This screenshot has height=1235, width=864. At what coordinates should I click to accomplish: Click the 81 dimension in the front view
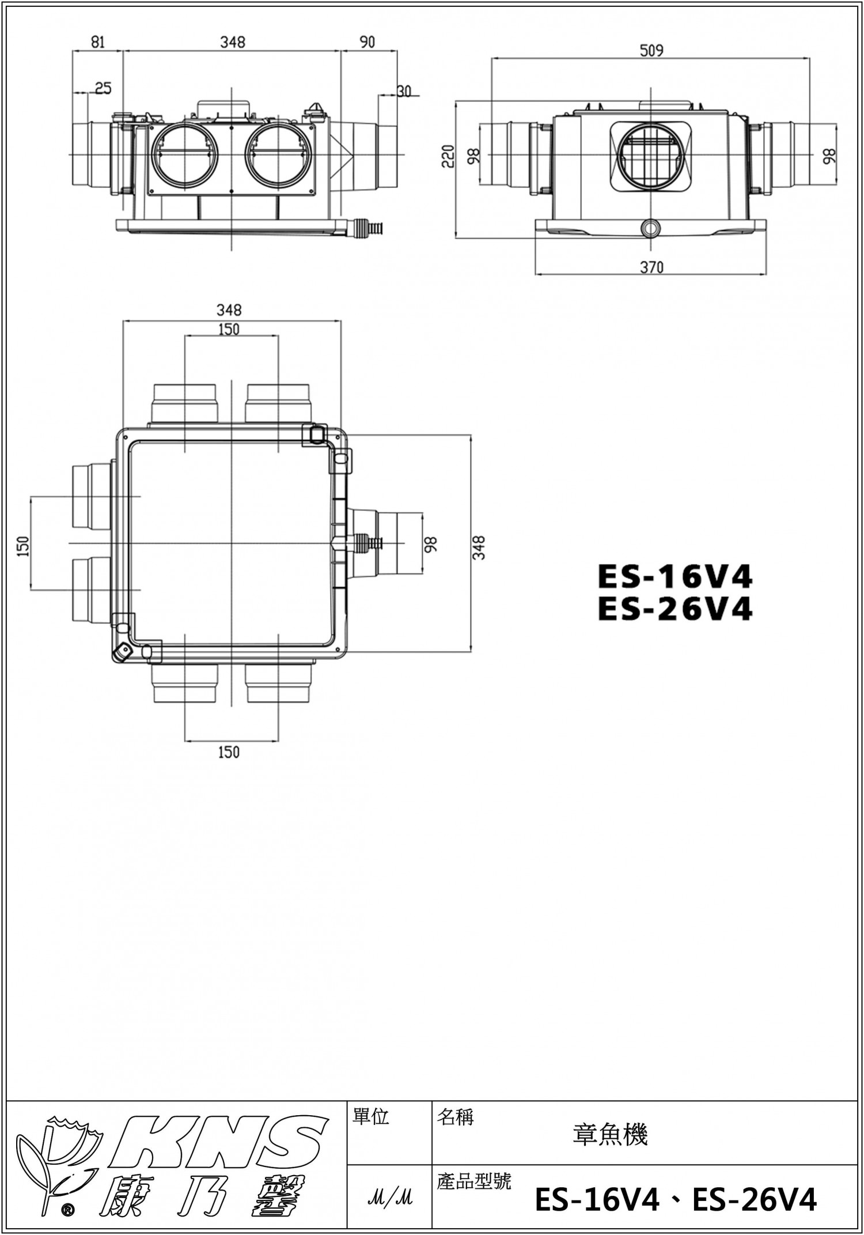click(98, 43)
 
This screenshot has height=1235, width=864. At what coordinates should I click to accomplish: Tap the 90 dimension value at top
click(367, 43)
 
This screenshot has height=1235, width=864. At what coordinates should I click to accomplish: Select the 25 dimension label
click(103, 88)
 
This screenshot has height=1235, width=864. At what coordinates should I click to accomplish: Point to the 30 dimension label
click(404, 91)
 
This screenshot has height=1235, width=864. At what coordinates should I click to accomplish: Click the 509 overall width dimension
click(651, 51)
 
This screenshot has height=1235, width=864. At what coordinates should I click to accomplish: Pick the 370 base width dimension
click(651, 267)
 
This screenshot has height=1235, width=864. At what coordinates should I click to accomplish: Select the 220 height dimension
click(448, 156)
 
